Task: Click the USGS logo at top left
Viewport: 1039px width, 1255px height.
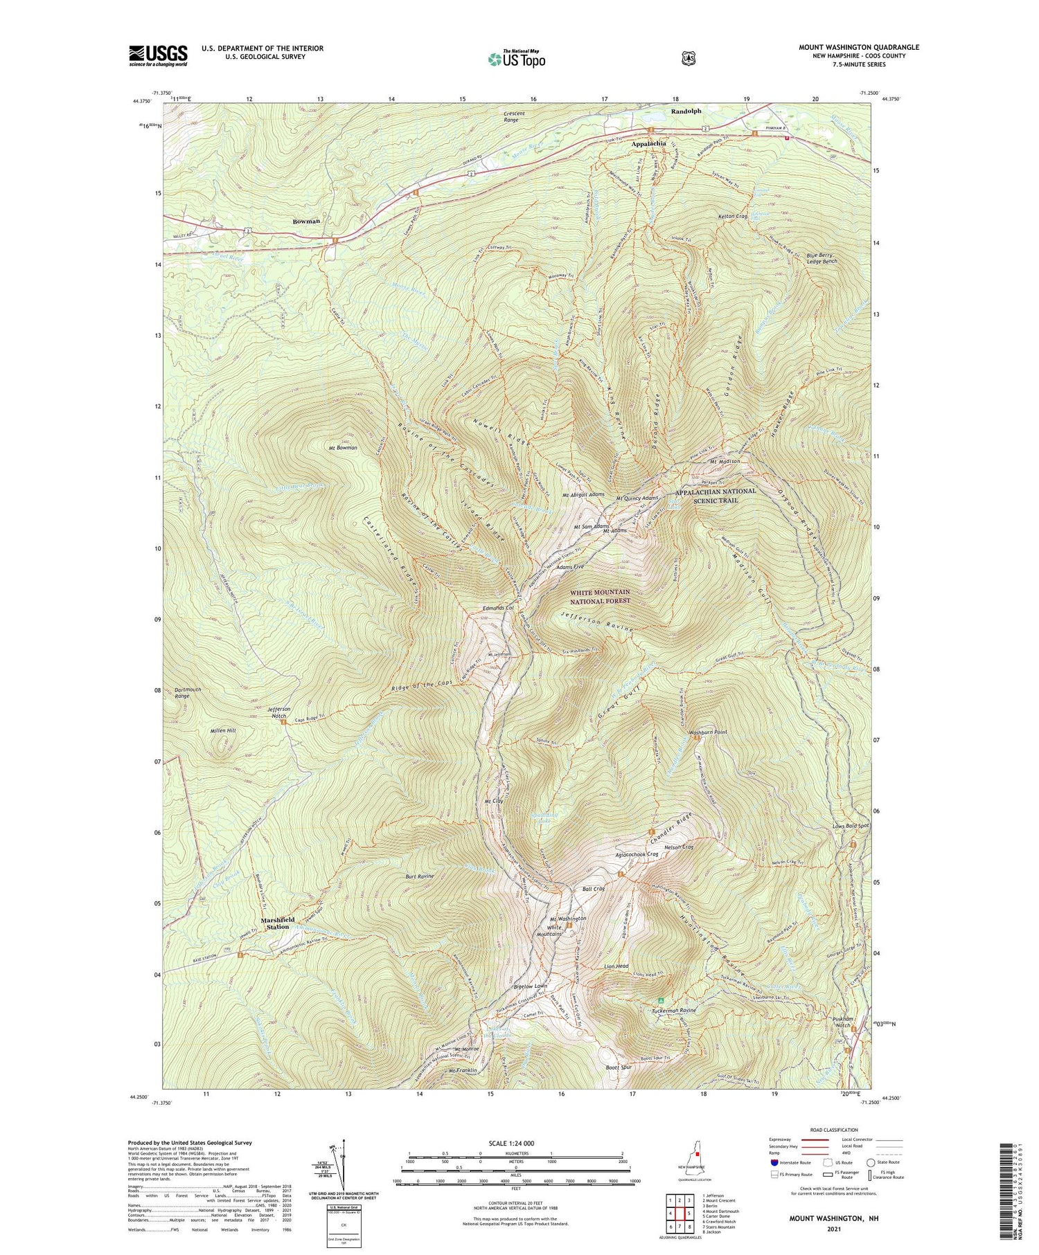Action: [x=158, y=55]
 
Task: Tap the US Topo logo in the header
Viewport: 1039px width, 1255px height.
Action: [x=517, y=59]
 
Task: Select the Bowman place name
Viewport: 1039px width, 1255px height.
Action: [x=306, y=221]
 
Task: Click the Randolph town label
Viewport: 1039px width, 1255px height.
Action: [x=686, y=111]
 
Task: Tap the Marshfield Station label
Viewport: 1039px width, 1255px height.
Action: [x=278, y=923]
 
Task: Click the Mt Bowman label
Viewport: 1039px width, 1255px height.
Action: [x=343, y=448]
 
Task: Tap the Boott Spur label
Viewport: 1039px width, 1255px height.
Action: [x=616, y=1068]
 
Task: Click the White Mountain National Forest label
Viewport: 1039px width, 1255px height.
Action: [x=600, y=597]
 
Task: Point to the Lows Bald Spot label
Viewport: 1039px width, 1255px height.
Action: [x=851, y=826]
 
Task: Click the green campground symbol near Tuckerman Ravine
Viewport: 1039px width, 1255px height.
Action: [x=661, y=1000]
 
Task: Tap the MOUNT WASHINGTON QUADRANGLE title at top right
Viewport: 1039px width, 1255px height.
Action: [x=859, y=47]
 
